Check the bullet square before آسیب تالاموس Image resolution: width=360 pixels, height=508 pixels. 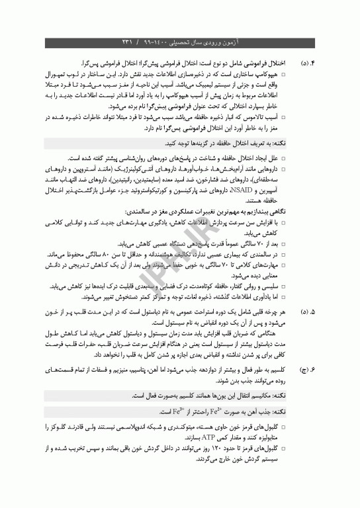pyautogui.click(x=293, y=116)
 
